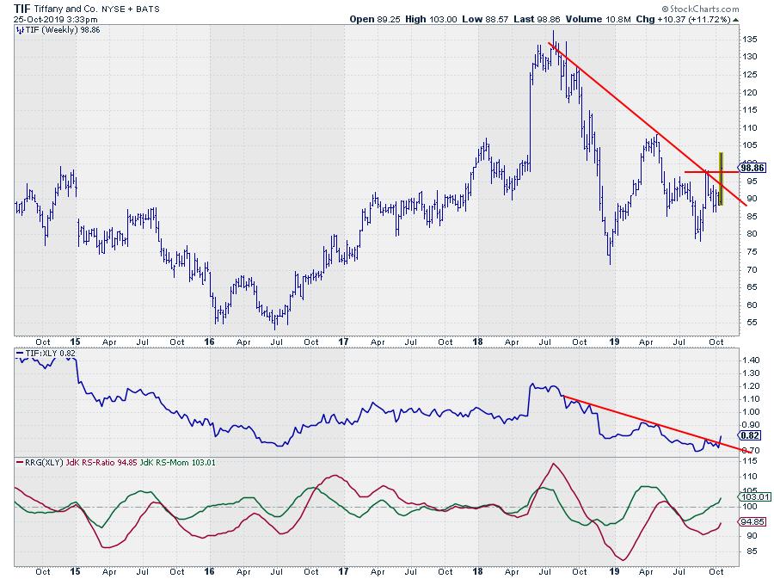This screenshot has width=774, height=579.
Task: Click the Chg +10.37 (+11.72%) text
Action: pyautogui.click(x=687, y=17)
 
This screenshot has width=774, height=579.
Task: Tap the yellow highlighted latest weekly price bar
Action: pyautogui.click(x=721, y=179)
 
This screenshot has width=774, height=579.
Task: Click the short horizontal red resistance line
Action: pyautogui.click(x=697, y=173)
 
